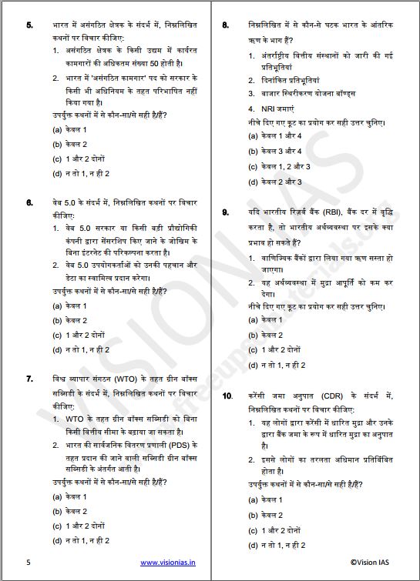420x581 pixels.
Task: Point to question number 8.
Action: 225,25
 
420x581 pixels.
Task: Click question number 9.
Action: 225,212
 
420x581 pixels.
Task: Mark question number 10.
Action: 227,396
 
